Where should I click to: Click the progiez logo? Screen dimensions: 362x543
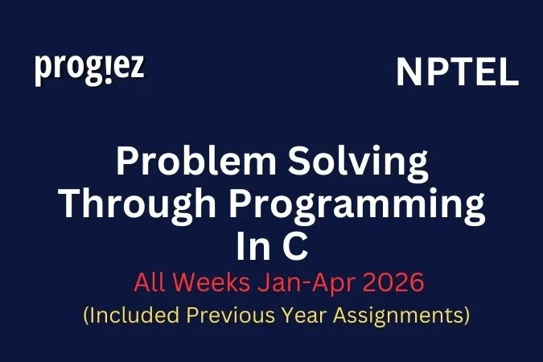(89, 69)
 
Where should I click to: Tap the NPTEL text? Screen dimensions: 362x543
(457, 73)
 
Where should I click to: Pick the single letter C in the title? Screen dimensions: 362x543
(295, 246)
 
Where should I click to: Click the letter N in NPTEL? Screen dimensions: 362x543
(409, 73)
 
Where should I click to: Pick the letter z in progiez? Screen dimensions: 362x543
(137, 68)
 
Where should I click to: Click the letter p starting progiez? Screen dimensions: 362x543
(43, 72)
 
